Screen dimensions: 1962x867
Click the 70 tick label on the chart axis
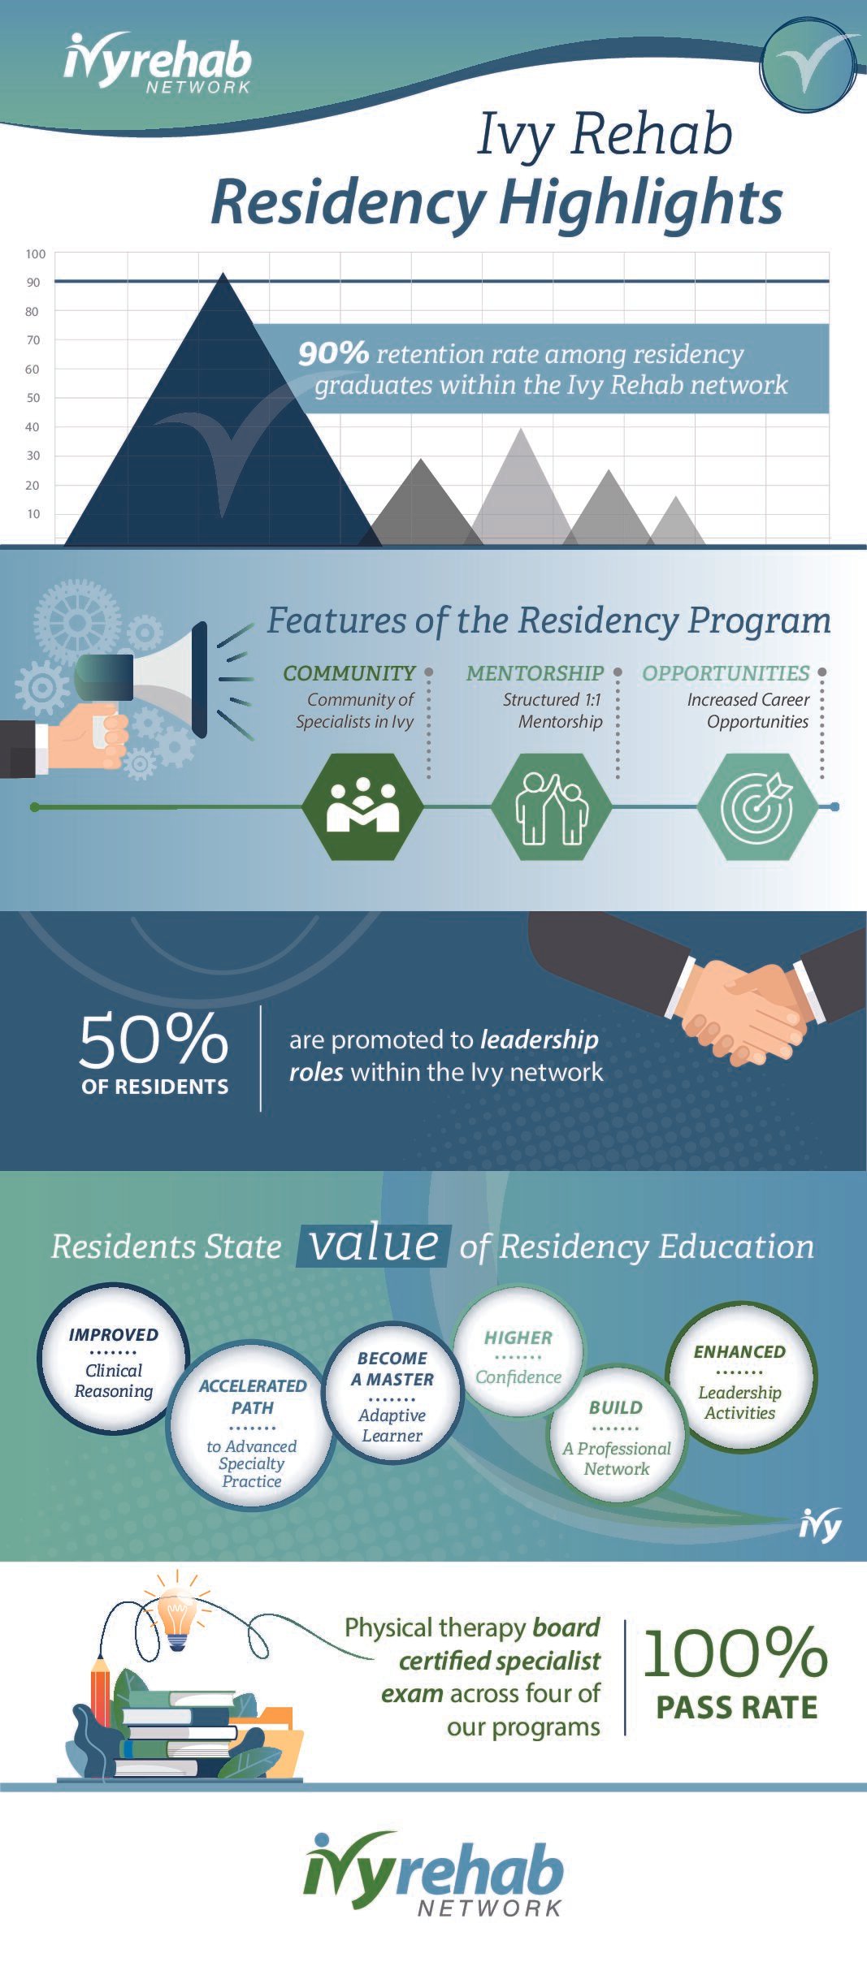pos(33,340)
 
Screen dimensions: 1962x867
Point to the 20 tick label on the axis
pos(33,485)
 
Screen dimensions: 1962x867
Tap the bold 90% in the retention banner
pos(333,353)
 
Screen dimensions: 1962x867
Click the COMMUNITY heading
pos(349,673)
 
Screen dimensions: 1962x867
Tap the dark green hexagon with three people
pos(362,806)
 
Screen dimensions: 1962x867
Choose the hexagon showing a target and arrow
pos(757,806)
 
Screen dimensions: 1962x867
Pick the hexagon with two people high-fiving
pos(553,806)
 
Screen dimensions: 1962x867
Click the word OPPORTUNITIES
pos(726,673)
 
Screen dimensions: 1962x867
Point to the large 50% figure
pos(154,1039)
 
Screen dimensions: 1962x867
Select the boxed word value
pos(374,1245)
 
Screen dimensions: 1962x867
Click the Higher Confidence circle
pos(518,1356)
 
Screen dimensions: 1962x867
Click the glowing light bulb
pos(176,1616)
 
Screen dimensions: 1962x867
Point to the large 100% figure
pos(735,1653)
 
